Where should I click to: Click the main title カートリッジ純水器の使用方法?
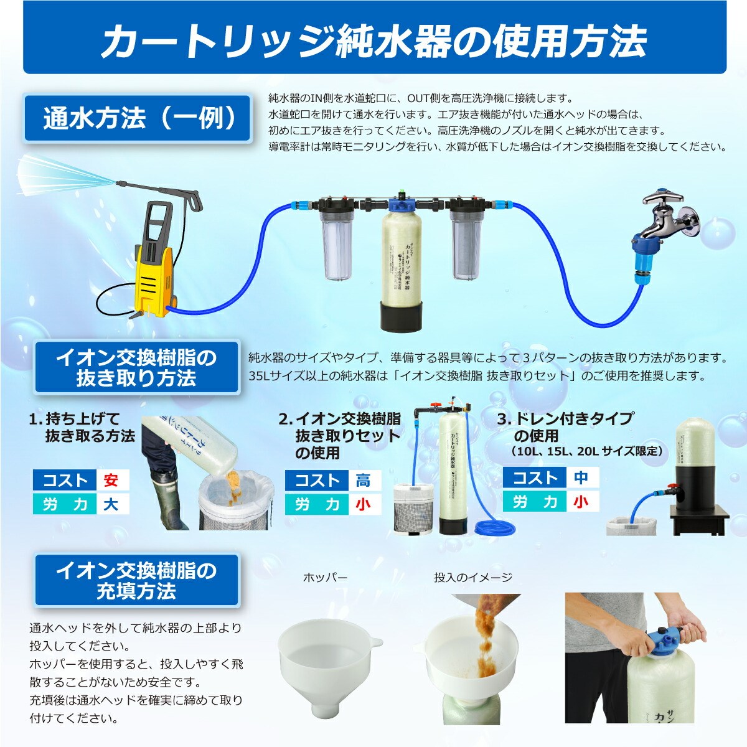point(374,41)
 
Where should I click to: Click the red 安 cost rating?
point(111,480)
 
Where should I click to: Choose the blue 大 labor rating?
point(111,504)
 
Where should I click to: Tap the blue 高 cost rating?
point(363,480)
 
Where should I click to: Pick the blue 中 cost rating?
point(581,478)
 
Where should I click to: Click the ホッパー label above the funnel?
point(324,577)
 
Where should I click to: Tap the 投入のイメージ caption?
point(473,577)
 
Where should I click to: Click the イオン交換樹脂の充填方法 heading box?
point(137,580)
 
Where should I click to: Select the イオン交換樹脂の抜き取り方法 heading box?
point(137,367)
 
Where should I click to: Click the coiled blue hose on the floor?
point(494,529)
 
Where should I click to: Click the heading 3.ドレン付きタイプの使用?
point(566,427)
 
